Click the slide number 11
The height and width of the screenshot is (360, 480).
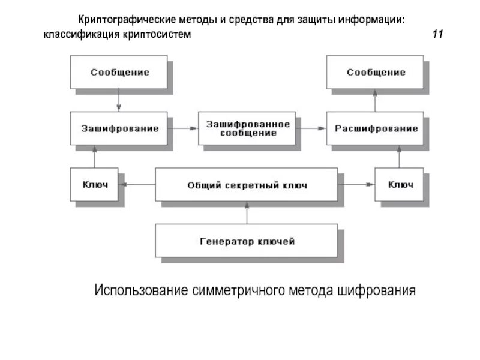tap(437, 35)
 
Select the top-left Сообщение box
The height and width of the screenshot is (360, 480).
tap(119, 73)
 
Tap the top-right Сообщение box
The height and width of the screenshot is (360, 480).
tap(376, 73)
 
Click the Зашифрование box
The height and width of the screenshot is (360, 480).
tap(119, 128)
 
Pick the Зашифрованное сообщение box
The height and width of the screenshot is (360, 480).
tap(247, 128)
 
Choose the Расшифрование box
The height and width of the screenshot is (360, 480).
tap(376, 128)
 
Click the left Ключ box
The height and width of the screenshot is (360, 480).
tap(95, 185)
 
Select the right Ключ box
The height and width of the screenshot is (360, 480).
tap(400, 185)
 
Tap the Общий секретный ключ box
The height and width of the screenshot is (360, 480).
tap(247, 185)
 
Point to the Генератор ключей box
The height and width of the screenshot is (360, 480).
tap(247, 241)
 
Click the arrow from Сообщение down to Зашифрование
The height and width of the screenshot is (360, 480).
tap(119, 100)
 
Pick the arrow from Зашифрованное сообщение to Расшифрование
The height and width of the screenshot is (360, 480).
tap(311, 128)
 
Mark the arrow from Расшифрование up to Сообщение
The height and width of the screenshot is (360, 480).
tap(376, 100)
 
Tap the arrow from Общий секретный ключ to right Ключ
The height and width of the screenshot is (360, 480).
tap(356, 185)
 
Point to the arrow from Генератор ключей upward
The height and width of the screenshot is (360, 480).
tap(247, 212)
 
